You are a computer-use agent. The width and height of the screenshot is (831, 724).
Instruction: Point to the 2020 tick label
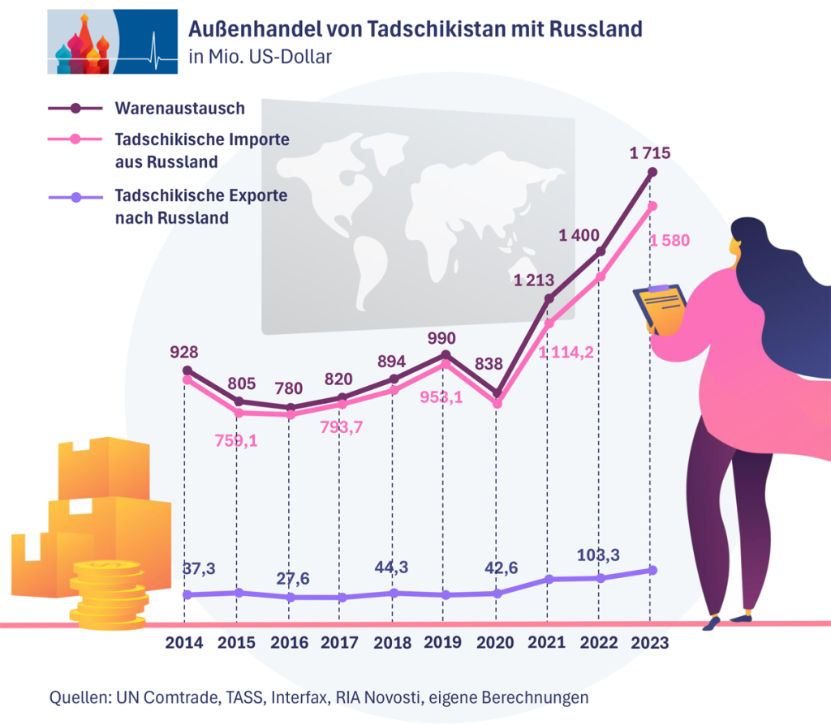(x=494, y=642)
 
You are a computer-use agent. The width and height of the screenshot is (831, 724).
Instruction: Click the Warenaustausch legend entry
(x=179, y=108)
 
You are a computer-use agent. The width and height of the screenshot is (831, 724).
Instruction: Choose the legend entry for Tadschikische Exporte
(x=200, y=207)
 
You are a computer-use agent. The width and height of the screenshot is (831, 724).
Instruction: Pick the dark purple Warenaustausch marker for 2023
(x=652, y=172)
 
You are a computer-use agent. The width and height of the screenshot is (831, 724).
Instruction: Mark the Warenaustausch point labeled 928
(x=187, y=371)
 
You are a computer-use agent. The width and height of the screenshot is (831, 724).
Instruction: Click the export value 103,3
(x=599, y=555)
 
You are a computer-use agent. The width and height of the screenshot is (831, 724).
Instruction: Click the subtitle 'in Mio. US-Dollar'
(x=260, y=56)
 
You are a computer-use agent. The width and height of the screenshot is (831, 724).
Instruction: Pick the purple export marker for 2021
(x=549, y=579)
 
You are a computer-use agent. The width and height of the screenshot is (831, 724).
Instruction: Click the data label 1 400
(x=579, y=236)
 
